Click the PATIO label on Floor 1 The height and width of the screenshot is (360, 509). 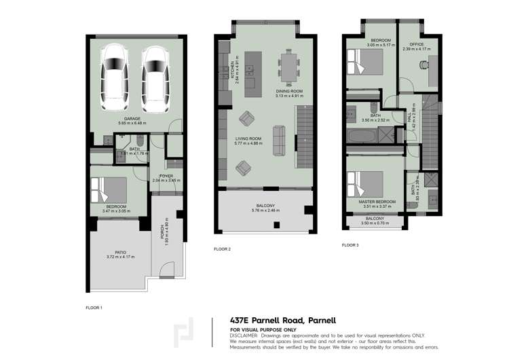click(121, 252)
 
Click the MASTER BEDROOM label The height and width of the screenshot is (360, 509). click(377, 202)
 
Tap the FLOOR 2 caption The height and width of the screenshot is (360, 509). click(223, 249)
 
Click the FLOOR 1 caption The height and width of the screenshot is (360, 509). click(94, 308)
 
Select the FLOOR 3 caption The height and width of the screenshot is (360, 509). click(350, 245)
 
